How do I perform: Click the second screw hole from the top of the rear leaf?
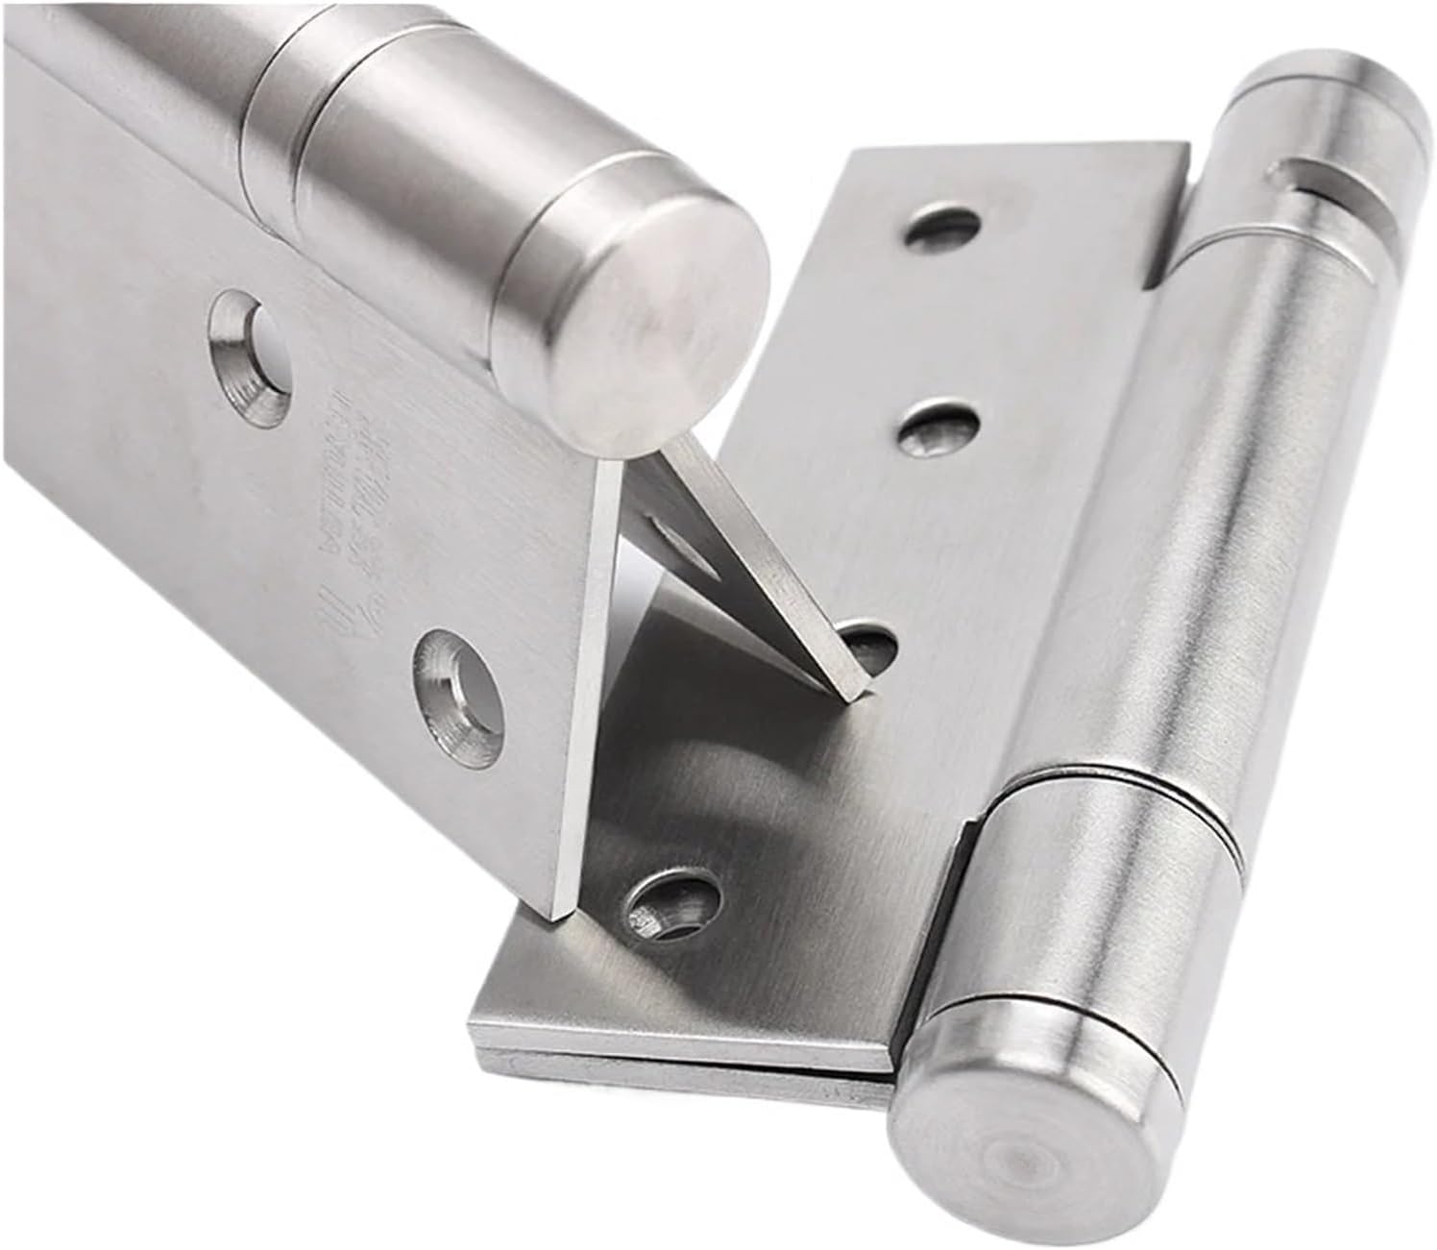point(937,428)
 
